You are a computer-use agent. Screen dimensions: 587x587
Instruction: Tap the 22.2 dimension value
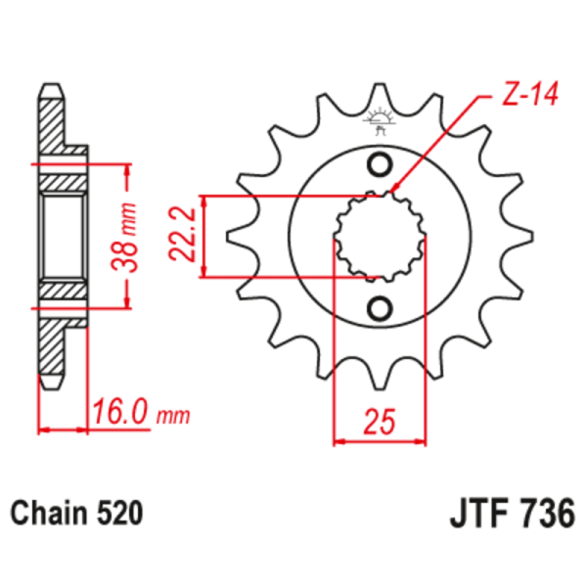coord(181,236)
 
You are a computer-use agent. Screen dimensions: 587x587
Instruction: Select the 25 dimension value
coord(381,422)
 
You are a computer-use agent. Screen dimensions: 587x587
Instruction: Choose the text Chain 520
coord(77,512)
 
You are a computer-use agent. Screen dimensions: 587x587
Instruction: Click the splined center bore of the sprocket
coord(381,236)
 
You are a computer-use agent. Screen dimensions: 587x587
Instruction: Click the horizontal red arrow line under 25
coord(381,441)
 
